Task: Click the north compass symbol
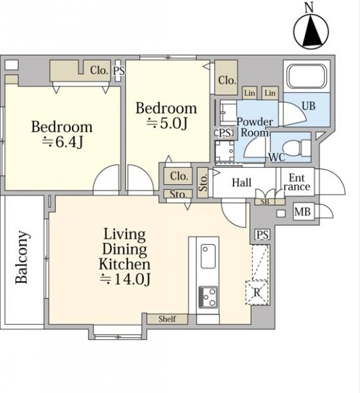point(311,31)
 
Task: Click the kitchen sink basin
point(208,256)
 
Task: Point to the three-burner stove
point(208,297)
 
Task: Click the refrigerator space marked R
point(257,293)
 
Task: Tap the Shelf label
point(167,319)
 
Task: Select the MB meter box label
point(302,212)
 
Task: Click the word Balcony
point(22,257)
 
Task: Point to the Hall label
point(242,183)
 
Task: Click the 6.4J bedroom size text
point(62,142)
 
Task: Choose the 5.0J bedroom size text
point(167,123)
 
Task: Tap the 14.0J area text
point(125,279)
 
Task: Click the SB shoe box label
point(265,202)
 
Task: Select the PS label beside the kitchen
point(262,235)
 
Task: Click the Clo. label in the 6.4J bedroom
point(99,71)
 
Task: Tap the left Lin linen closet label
point(249,93)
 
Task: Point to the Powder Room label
point(255,127)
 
